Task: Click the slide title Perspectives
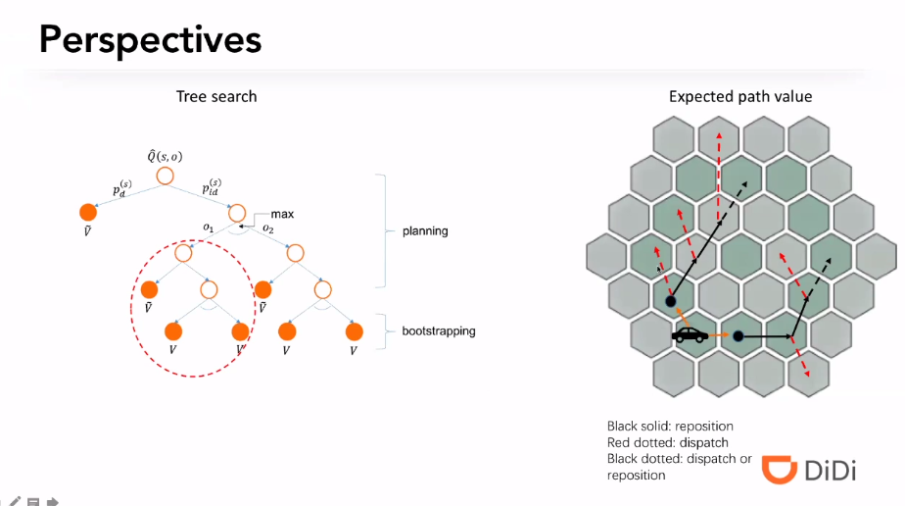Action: [150, 39]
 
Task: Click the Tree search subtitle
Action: [216, 96]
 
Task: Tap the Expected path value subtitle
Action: [739, 96]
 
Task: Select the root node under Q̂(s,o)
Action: [165, 176]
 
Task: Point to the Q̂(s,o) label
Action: [166, 155]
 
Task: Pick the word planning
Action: [425, 231]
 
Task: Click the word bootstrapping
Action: [438, 331]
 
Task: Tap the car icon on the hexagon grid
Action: [691, 335]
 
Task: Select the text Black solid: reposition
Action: [670, 427]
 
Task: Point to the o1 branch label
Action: [208, 228]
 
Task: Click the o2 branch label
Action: [267, 228]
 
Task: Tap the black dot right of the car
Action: [738, 336]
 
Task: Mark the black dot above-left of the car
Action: [671, 301]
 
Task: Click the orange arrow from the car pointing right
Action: [720, 336]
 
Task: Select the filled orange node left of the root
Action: [88, 211]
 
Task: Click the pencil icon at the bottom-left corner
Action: [15, 500]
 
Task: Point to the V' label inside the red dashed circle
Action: [240, 349]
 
